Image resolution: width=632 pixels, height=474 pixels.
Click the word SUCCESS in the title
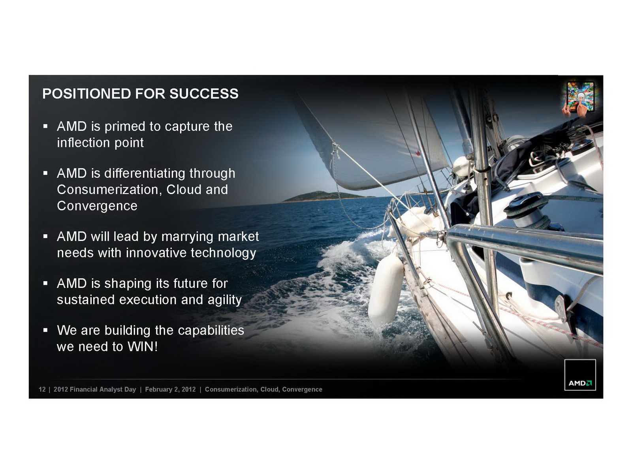204,94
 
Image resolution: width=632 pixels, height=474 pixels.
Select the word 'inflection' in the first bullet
83,142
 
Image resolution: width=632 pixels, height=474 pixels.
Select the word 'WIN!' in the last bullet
143,346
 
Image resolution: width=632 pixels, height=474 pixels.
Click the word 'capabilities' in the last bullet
211,331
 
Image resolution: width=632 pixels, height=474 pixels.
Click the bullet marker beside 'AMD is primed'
45,126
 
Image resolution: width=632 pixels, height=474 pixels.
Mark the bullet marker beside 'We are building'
45,330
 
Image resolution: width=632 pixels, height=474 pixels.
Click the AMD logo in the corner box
580,383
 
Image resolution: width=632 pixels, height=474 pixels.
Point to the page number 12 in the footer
42,389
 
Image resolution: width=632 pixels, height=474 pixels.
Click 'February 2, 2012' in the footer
170,389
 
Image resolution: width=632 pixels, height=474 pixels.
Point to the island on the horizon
325,196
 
